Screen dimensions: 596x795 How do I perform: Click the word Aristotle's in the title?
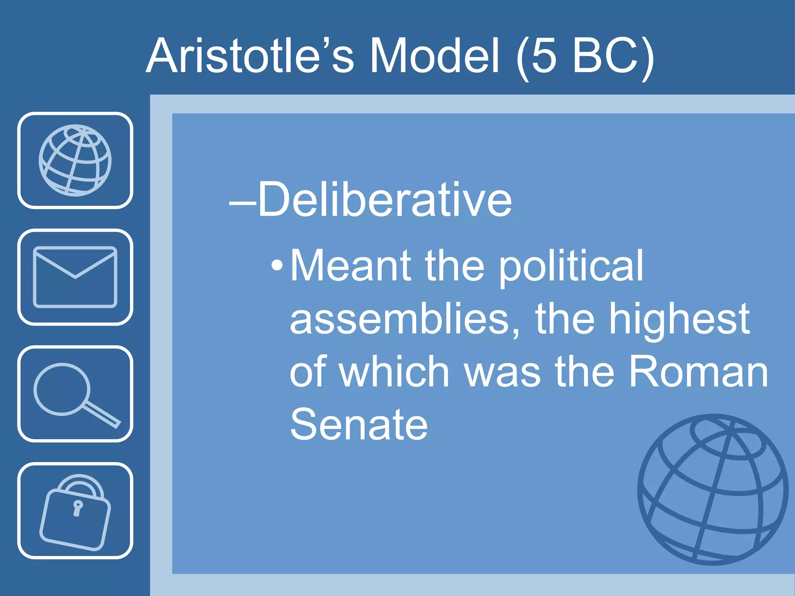point(250,56)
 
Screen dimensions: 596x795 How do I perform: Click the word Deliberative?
point(385,200)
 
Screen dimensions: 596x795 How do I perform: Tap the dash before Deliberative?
point(242,202)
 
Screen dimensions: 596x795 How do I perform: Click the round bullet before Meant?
point(277,267)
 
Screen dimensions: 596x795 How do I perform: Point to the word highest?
point(679,320)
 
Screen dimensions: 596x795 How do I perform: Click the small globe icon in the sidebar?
point(75,160)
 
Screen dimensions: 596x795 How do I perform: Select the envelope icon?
point(75,277)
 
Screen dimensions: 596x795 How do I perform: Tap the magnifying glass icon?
point(75,394)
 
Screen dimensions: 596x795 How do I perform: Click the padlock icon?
point(75,511)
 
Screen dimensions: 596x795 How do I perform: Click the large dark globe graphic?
point(713,490)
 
